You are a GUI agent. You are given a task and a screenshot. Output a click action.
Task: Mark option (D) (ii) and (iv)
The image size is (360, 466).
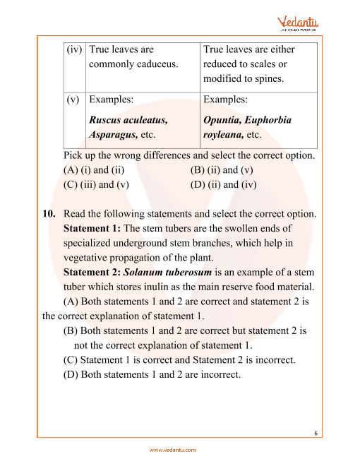(x=224, y=185)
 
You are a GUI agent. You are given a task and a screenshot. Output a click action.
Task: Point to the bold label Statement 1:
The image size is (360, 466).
(x=92, y=229)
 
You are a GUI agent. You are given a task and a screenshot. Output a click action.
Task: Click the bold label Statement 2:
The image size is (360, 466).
(x=92, y=273)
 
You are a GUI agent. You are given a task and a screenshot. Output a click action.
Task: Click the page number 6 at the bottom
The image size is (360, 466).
(x=316, y=434)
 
